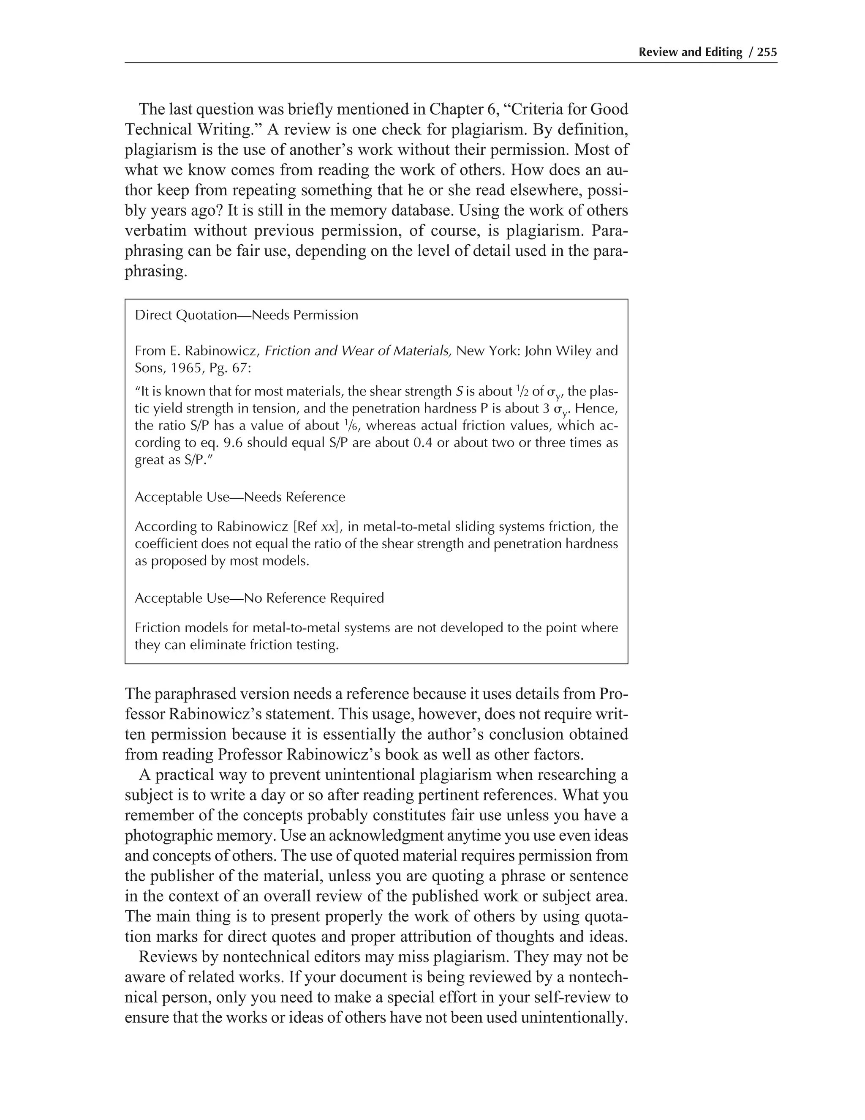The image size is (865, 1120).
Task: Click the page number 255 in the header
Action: point(767,52)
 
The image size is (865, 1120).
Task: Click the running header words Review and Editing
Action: point(690,52)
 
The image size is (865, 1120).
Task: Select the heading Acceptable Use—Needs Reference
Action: point(240,497)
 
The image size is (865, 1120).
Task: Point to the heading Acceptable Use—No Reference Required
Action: point(259,598)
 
